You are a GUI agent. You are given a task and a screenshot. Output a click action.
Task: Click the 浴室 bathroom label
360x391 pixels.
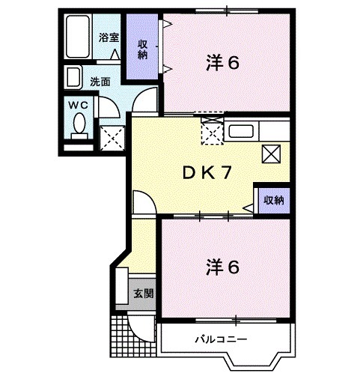(x=110, y=37)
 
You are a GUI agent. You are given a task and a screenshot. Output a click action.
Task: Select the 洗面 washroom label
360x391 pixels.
(x=100, y=82)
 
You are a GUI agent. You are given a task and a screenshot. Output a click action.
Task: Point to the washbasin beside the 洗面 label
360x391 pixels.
(x=74, y=78)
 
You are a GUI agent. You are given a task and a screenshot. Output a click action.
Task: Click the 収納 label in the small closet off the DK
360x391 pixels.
(x=272, y=200)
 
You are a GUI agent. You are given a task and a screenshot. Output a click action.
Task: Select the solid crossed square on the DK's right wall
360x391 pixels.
(x=271, y=154)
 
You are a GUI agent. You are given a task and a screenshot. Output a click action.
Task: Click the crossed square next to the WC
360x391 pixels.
(x=113, y=137)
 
